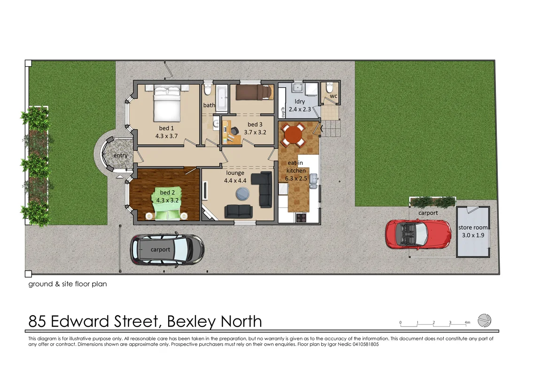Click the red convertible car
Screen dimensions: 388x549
click(415, 234)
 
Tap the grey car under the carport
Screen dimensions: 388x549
click(167, 249)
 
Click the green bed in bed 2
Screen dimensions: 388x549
click(165, 206)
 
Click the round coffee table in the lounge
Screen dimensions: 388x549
click(242, 193)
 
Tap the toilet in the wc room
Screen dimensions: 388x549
click(329, 87)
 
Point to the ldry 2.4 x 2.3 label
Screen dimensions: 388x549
click(300, 105)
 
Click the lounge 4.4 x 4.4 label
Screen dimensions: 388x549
click(235, 177)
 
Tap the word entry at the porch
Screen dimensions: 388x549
click(120, 155)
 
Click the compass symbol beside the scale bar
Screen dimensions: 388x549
click(484, 320)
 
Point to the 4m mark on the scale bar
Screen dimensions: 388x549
click(467, 323)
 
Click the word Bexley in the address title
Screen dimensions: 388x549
click(190, 322)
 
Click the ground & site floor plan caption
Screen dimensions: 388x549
click(68, 284)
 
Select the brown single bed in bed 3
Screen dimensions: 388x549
click(254, 92)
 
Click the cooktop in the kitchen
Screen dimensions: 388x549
click(301, 217)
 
